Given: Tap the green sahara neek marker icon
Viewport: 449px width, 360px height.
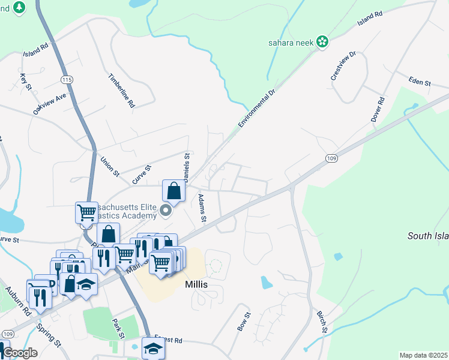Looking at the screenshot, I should pyautogui.click(x=322, y=41).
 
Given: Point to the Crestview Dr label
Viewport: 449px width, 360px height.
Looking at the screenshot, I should pyautogui.click(x=343, y=66).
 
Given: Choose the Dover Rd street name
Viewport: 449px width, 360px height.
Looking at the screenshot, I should pyautogui.click(x=376, y=110).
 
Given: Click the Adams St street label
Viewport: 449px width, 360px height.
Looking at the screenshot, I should pyautogui.click(x=202, y=208).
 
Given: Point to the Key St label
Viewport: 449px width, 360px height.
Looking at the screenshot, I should pyautogui.click(x=25, y=82).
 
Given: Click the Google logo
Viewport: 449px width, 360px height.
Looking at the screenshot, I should pyautogui.click(x=20, y=353).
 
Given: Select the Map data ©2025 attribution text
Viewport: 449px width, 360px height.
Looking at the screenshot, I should pyautogui.click(x=423, y=355).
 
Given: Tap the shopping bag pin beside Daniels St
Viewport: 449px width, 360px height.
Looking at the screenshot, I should pyautogui.click(x=173, y=191).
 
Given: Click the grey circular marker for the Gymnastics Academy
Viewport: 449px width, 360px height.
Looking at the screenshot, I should pyautogui.click(x=168, y=211).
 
